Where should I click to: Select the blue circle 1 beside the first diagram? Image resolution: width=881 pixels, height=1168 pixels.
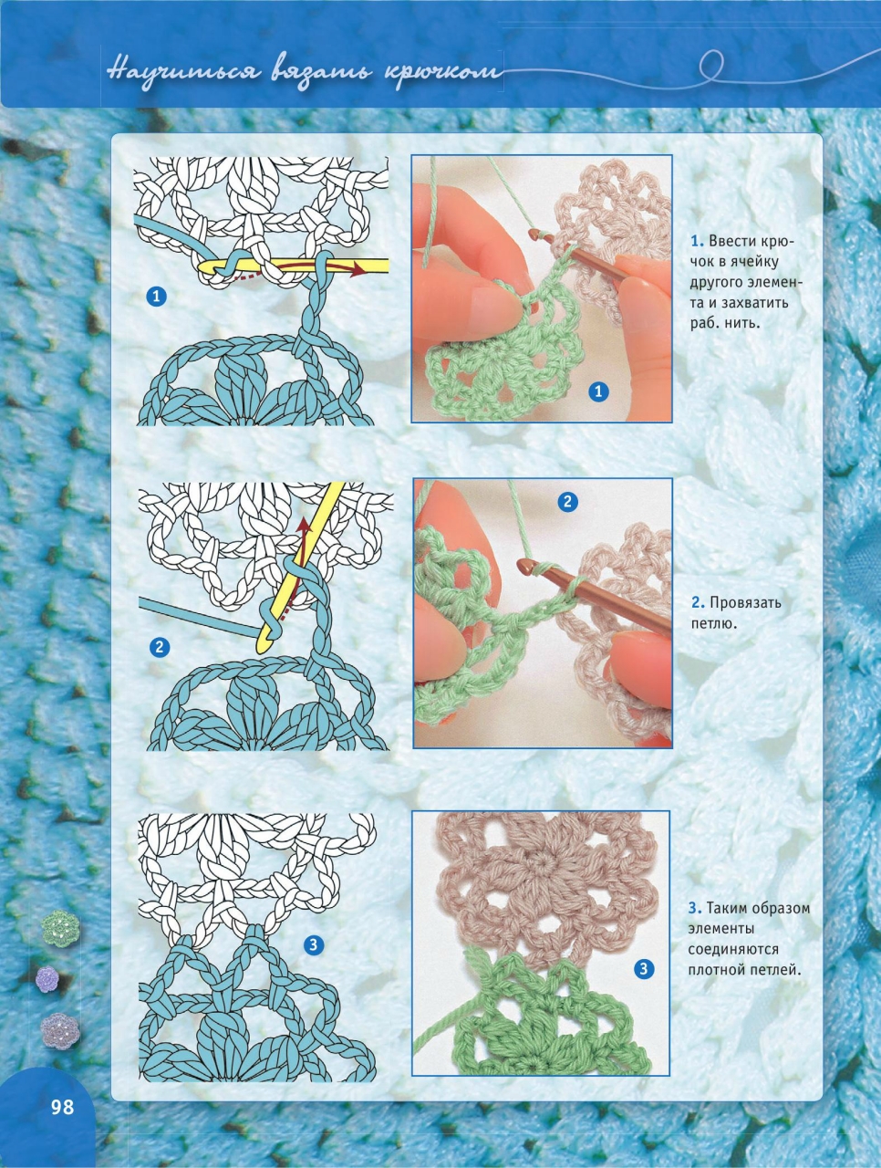[156, 297]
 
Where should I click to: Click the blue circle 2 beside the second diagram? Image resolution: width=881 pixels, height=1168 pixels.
[160, 647]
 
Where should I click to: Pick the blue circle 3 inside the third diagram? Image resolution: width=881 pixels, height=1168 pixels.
[314, 945]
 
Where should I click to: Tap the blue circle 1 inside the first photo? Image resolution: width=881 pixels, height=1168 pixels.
[598, 392]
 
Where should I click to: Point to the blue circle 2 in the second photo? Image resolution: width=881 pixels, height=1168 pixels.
[568, 501]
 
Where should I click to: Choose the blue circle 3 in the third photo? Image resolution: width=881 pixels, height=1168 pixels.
[644, 969]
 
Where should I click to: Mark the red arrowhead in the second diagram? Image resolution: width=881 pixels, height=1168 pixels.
[303, 523]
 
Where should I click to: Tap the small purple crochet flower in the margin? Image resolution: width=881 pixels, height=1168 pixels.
[47, 978]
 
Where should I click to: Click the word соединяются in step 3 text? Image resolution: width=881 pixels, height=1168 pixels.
[727, 949]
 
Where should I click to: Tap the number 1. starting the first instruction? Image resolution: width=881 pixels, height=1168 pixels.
[697, 241]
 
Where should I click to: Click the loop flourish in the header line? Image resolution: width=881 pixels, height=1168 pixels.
[711, 67]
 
